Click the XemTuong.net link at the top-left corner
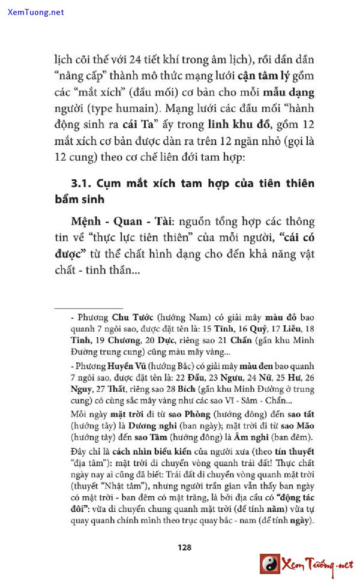pyautogui.click(x=36, y=12)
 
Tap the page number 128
pyautogui.click(x=184, y=547)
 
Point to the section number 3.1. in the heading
pyautogui.click(x=81, y=184)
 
